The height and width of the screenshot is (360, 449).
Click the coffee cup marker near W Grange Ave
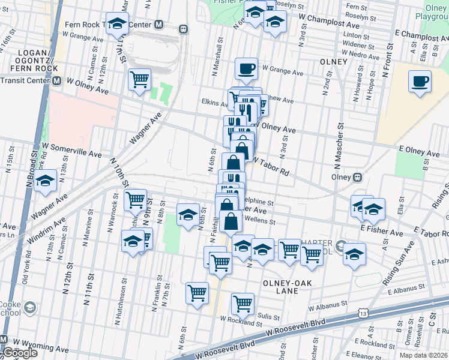246,69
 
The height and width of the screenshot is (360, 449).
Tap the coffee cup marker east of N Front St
420,81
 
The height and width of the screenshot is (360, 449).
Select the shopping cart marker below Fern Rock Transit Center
139,79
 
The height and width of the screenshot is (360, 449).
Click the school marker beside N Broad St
45,181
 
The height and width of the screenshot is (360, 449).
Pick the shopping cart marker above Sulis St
243,304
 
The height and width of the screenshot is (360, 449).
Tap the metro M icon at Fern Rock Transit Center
158,25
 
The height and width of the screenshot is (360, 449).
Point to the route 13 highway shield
363,313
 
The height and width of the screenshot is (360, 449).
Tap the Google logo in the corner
19,353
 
